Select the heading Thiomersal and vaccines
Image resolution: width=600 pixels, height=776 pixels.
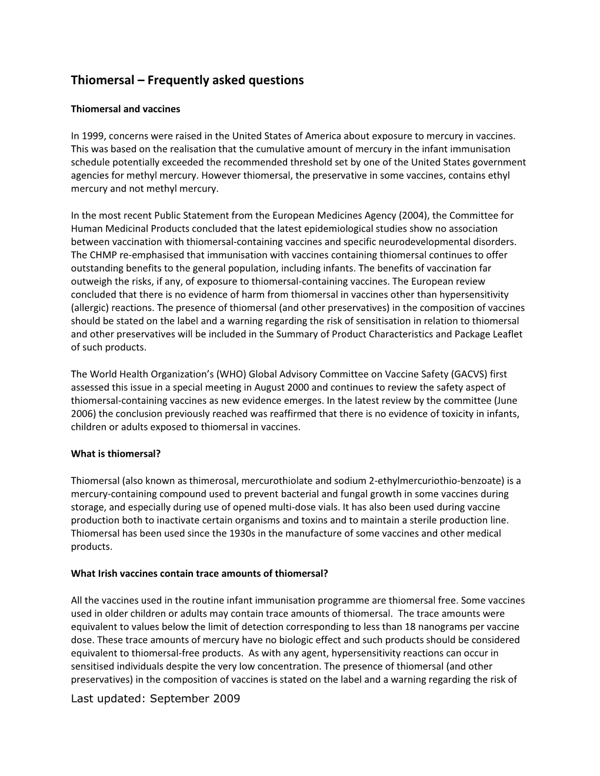[x=125, y=109]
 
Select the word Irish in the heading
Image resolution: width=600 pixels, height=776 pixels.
[x=104, y=573]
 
